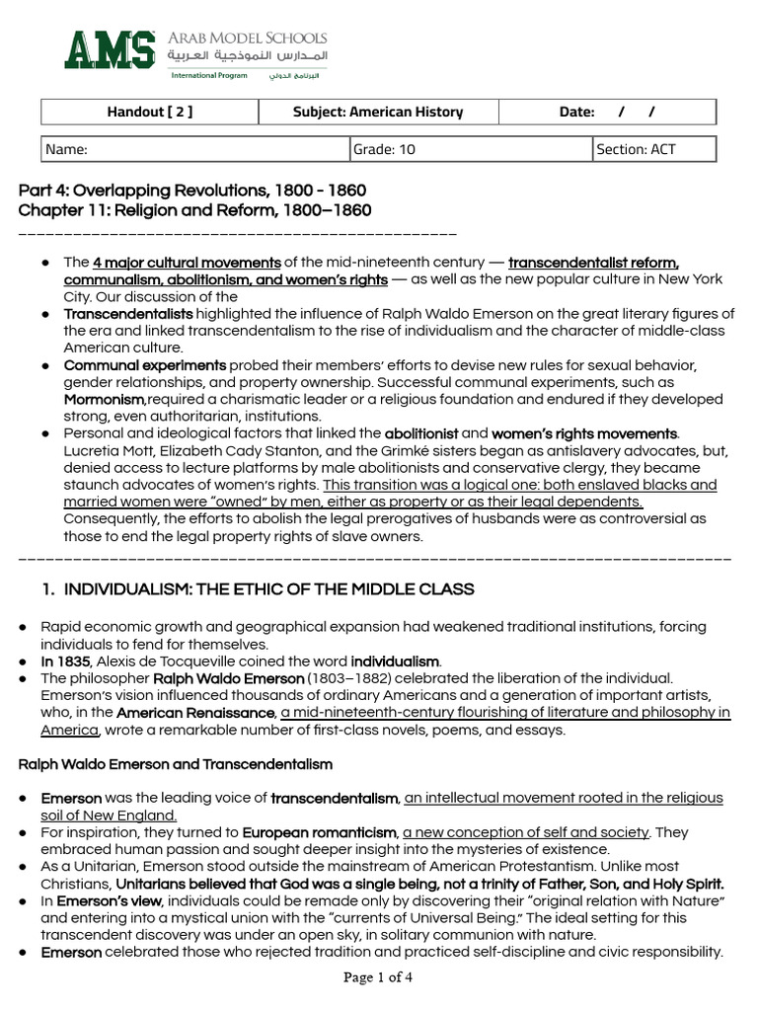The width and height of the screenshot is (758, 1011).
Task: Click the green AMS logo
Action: coord(111,50)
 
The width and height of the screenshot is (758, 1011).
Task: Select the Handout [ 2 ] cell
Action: coord(149,112)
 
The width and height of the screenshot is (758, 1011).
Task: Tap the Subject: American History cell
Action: coord(377,112)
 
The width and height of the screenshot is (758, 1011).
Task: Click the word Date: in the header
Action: coord(576,112)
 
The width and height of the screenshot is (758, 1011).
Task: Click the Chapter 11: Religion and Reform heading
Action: coord(194,210)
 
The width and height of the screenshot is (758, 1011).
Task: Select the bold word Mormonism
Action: coord(105,400)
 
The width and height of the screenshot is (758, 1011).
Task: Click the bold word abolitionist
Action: coord(421,433)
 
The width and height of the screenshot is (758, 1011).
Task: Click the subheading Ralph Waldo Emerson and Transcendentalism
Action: coord(176,764)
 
